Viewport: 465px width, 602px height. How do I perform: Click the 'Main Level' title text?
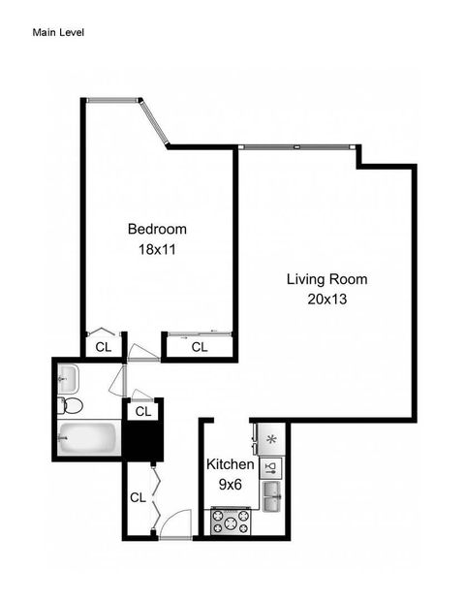[59, 32]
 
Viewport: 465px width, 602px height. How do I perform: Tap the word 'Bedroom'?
[157, 230]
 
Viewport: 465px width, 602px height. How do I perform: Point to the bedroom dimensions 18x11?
[157, 249]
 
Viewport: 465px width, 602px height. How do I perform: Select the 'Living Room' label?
[326, 279]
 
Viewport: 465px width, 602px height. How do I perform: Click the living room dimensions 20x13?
[326, 300]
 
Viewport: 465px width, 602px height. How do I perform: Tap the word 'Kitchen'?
[231, 464]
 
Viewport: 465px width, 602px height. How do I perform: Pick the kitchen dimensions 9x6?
[231, 484]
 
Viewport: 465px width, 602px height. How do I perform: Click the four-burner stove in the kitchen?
[231, 522]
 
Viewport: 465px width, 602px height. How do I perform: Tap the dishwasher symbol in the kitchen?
[271, 468]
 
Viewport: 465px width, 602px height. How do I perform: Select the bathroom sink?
[67, 376]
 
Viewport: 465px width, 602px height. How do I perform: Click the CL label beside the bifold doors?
[138, 497]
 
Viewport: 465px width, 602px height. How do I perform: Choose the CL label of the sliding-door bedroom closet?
[200, 347]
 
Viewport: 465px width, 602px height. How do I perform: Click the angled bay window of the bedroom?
[154, 123]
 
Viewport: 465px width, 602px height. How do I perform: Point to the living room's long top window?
[295, 147]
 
